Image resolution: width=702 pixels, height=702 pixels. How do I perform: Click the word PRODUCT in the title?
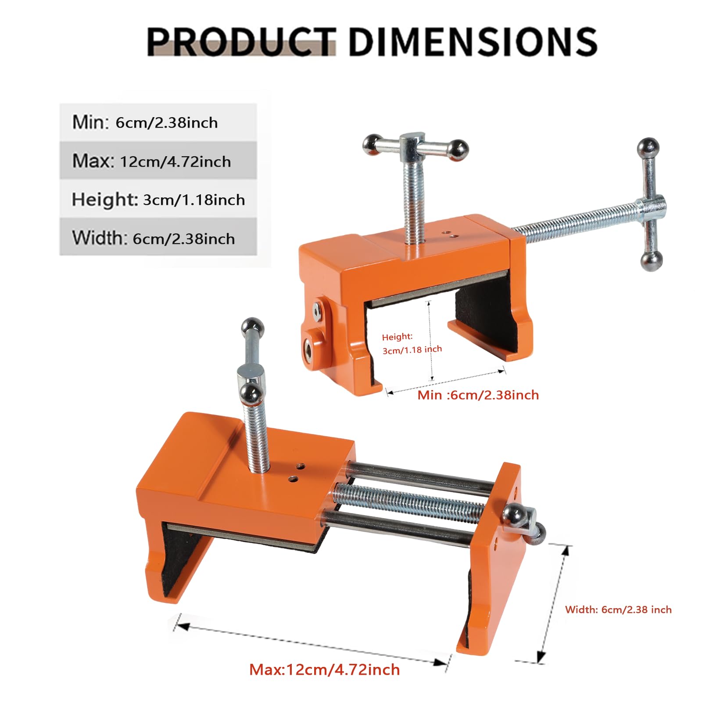coord(241,42)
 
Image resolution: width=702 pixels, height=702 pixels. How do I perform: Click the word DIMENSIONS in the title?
coord(473,42)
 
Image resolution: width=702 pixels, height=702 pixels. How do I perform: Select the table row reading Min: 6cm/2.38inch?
coord(158,122)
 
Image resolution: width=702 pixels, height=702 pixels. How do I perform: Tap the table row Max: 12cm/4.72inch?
coord(158,161)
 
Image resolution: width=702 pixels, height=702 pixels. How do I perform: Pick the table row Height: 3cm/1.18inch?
coord(158,199)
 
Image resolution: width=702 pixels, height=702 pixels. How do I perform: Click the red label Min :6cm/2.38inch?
coord(478,395)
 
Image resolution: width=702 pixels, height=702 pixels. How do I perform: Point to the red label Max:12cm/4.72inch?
coord(325,670)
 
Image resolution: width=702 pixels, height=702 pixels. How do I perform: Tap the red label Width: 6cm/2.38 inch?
coord(618,609)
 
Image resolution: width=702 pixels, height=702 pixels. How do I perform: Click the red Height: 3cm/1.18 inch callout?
coord(412,344)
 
